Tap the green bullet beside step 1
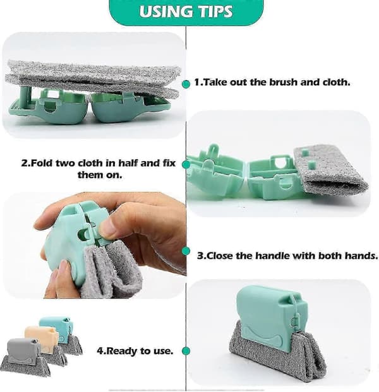(186, 84)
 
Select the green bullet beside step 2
(186, 164)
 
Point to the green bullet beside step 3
(186, 251)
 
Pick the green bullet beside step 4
(186, 351)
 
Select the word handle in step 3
(270, 256)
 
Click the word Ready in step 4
(120, 351)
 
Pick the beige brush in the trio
(45, 344)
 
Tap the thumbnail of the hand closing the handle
(94, 246)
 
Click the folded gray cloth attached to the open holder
(330, 170)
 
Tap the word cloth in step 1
(335, 82)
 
